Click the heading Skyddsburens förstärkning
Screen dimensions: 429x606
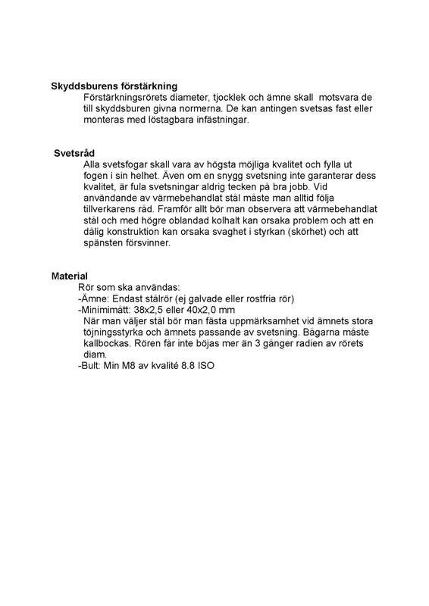pos(114,86)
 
